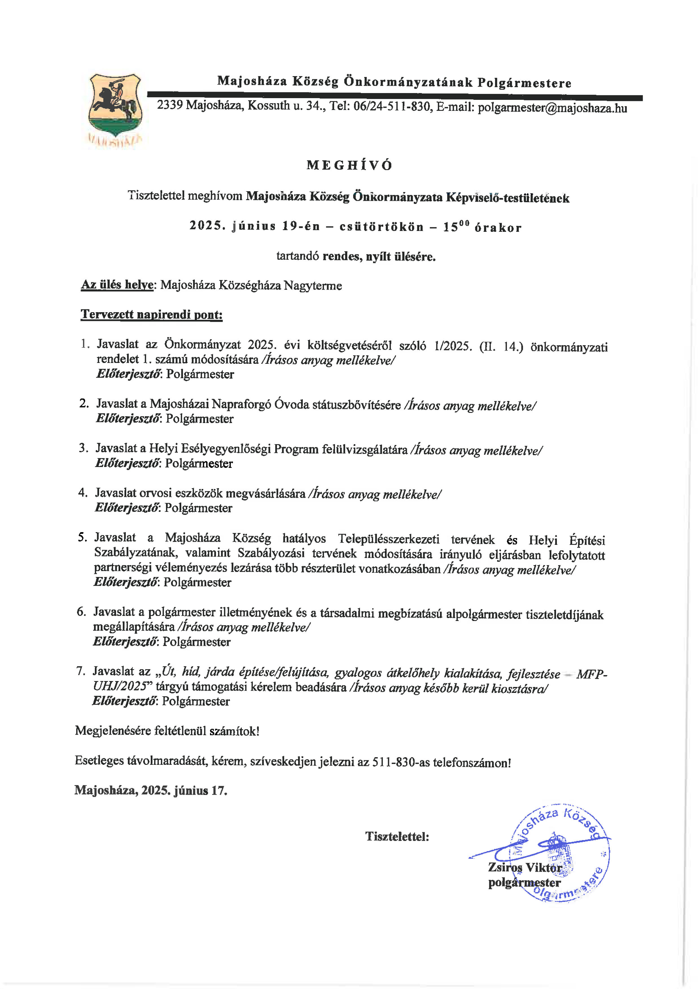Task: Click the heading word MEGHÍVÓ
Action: coord(349,166)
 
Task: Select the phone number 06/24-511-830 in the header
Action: coord(392,106)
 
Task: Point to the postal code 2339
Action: coord(170,105)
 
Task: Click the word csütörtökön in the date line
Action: coord(381,227)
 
